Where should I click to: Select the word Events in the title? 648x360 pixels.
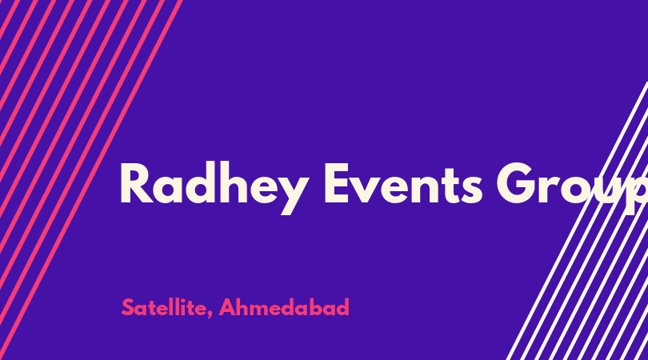[x=403, y=183]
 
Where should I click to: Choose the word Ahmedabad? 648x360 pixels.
[x=284, y=307]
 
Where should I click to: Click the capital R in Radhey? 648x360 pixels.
[x=137, y=183]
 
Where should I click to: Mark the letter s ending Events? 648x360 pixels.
[x=471, y=189]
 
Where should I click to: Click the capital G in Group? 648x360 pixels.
[x=517, y=183]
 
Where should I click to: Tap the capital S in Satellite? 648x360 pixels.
[x=128, y=307]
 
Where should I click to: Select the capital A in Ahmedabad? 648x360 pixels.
[x=227, y=307]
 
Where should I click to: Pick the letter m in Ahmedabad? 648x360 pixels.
[x=261, y=310]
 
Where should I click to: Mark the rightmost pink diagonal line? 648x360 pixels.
[x=91, y=180]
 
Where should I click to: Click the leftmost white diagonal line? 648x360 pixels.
[x=578, y=221]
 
